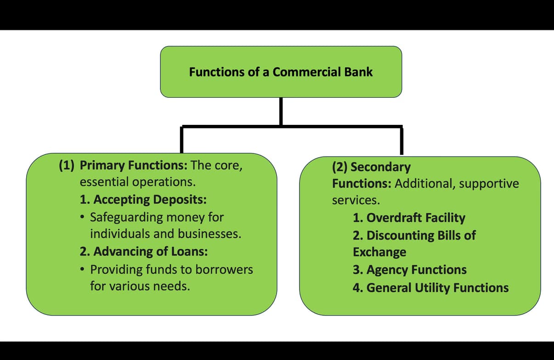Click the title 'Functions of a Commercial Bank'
click(x=281, y=72)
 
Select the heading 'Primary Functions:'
click(x=134, y=166)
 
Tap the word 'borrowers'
click(x=224, y=269)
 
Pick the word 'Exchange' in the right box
click(x=379, y=252)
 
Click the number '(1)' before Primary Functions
click(x=67, y=166)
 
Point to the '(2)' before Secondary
click(x=340, y=167)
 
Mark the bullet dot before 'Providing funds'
click(x=82, y=270)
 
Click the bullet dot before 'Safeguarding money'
click(x=82, y=217)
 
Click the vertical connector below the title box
click(x=281, y=111)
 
